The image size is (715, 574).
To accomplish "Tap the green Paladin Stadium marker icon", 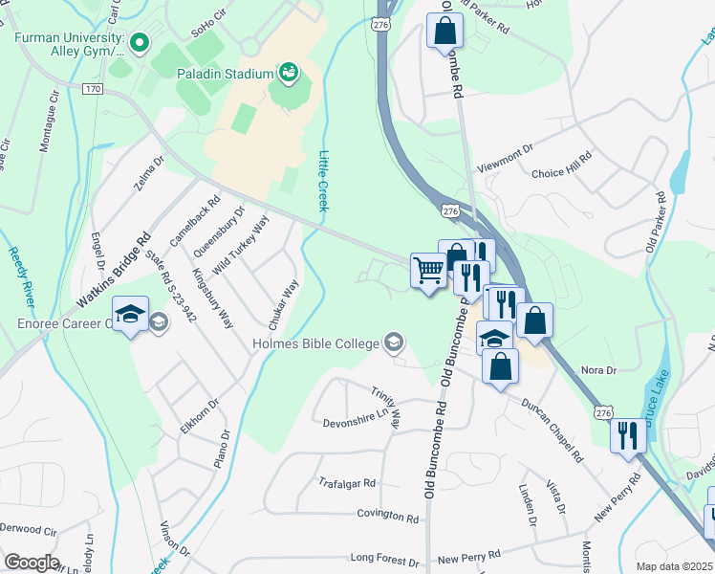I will point(286,73).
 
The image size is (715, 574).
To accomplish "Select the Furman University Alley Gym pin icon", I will point(139,43).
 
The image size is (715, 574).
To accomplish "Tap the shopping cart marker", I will point(428,271).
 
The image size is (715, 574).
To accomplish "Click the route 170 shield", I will point(92,89).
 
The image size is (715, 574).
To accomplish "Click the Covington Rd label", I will point(388,516).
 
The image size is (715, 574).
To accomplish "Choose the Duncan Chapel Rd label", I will point(552,430).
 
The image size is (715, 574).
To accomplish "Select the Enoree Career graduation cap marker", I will point(130,314).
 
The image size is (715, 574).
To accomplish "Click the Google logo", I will point(32,563).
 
